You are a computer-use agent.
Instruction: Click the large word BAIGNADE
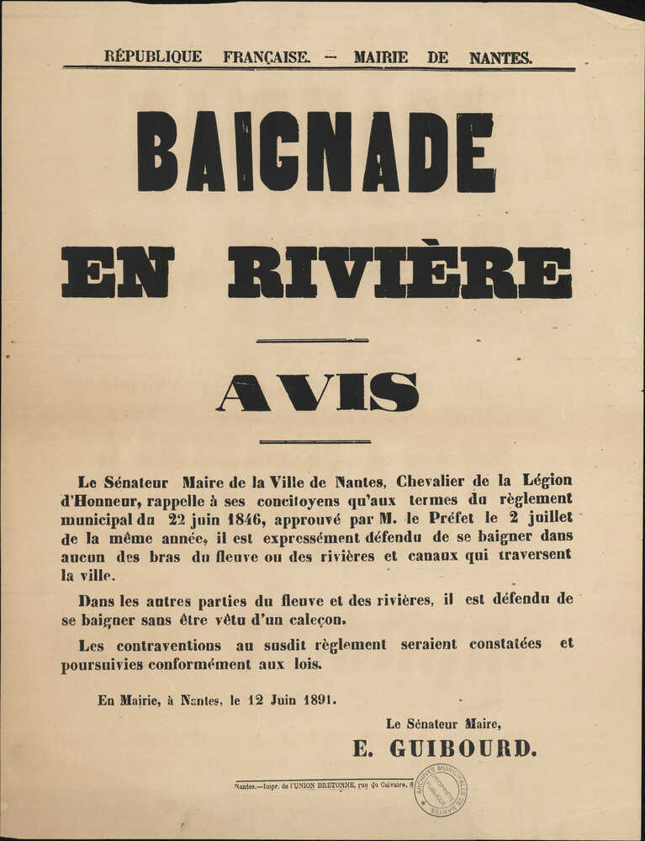pos(315,152)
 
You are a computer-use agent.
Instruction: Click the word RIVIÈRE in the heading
pos(399,272)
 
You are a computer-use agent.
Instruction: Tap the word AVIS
pos(318,392)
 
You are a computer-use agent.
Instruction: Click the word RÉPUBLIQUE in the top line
pos(153,57)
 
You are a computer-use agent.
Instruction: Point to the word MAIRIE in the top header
pos(380,58)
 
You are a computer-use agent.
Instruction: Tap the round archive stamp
pos(441,790)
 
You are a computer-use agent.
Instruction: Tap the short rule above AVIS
pos(312,340)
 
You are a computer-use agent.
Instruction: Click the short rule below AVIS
pos(315,441)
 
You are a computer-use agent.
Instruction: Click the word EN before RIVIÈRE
pos(118,272)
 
